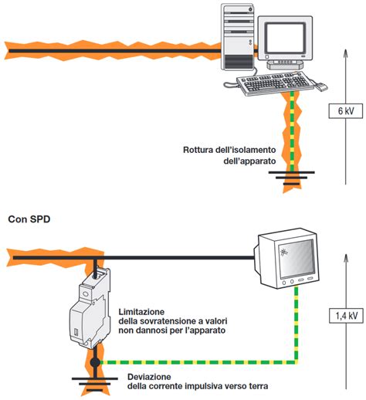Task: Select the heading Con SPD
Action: tap(29, 219)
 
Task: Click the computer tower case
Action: tap(239, 39)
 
